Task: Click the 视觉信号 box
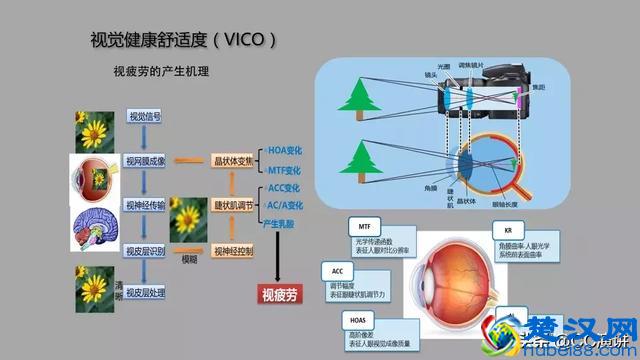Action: point(145,118)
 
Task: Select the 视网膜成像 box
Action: point(145,161)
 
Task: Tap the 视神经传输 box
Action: point(145,205)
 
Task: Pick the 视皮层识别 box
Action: point(145,249)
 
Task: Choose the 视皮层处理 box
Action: point(145,292)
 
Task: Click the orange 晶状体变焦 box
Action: point(232,161)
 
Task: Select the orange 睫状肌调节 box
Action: point(232,205)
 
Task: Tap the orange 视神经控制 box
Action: point(232,250)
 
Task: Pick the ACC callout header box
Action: point(337,271)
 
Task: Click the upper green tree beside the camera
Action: point(356,97)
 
